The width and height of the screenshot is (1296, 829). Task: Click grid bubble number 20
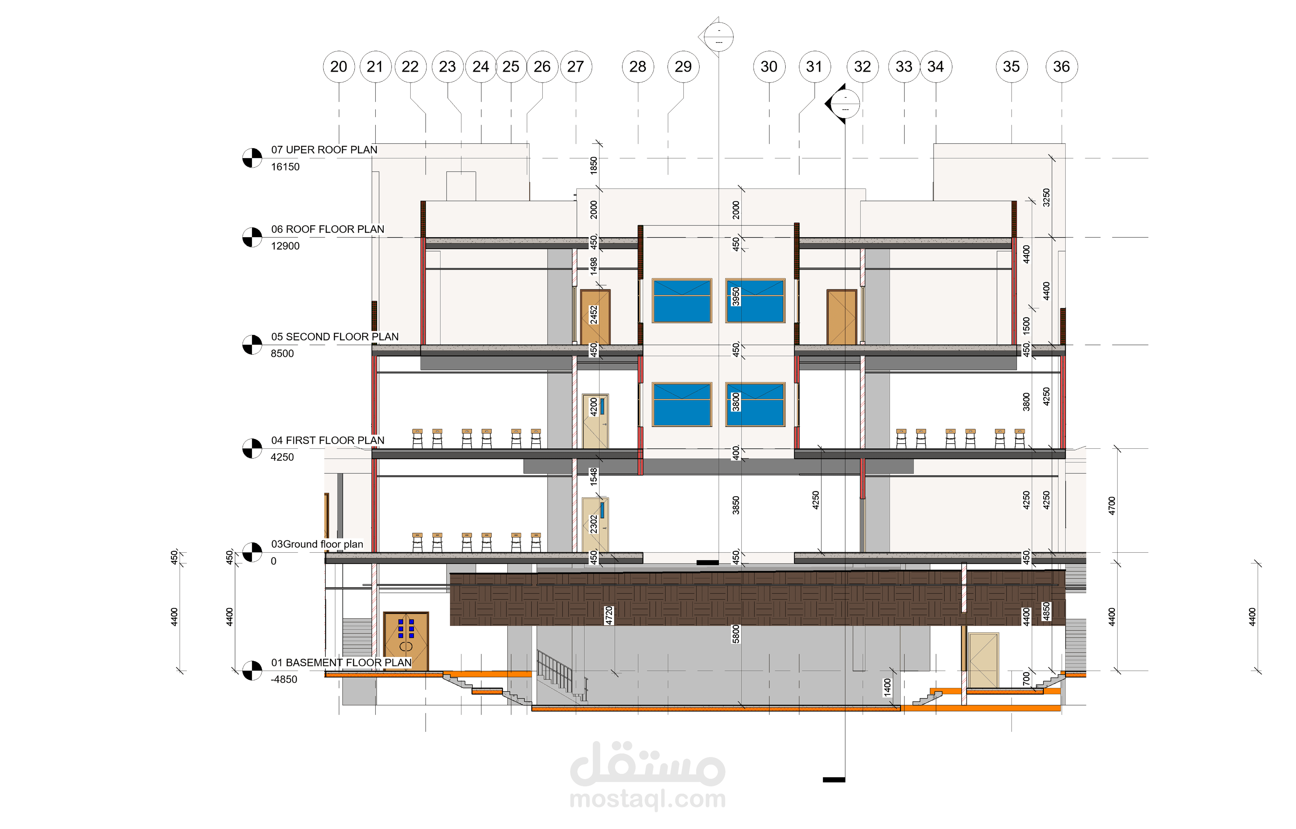click(x=339, y=67)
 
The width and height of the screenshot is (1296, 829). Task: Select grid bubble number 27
click(x=575, y=67)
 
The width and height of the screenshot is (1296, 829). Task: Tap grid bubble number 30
click(x=769, y=67)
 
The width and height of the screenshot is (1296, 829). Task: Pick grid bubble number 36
click(x=1061, y=67)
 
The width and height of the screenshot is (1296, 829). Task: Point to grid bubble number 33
click(x=904, y=67)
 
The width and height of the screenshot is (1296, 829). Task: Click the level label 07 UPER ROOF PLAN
click(x=324, y=150)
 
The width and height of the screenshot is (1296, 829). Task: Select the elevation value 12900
click(x=285, y=246)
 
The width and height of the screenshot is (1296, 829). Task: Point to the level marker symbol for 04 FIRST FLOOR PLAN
click(x=252, y=448)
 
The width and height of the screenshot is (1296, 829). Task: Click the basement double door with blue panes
click(x=406, y=641)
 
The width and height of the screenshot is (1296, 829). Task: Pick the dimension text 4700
click(x=1112, y=506)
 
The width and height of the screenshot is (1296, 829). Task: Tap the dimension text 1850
click(x=593, y=165)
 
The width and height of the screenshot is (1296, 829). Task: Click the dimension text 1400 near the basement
click(x=887, y=687)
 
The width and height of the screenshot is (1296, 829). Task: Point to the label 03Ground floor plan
click(x=317, y=544)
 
